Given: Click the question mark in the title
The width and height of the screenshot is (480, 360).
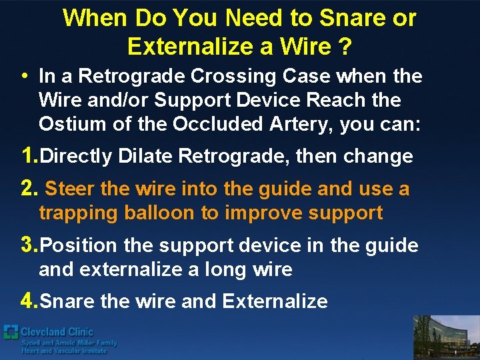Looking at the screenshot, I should pyautogui.click(x=344, y=47).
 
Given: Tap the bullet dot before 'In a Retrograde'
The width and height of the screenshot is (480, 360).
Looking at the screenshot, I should pyautogui.click(x=24, y=77).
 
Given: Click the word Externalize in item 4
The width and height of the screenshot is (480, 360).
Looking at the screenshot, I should pyautogui.click(x=275, y=301).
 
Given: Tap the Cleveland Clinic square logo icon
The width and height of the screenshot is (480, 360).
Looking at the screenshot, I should pyautogui.click(x=11, y=331).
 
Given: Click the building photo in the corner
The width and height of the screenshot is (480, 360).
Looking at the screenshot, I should pyautogui.click(x=446, y=337).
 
